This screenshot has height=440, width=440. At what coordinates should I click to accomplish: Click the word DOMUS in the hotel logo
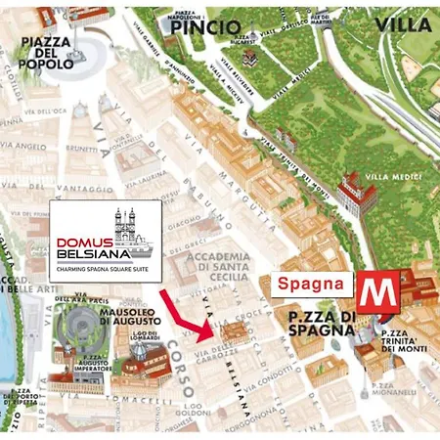pyautogui.click(x=79, y=242)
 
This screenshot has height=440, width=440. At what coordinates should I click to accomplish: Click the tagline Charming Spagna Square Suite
pyautogui.click(x=105, y=273)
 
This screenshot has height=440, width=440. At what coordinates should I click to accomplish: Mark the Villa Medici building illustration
pyautogui.click(x=357, y=194)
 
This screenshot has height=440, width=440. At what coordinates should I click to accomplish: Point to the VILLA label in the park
pyautogui.click(x=402, y=23)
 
